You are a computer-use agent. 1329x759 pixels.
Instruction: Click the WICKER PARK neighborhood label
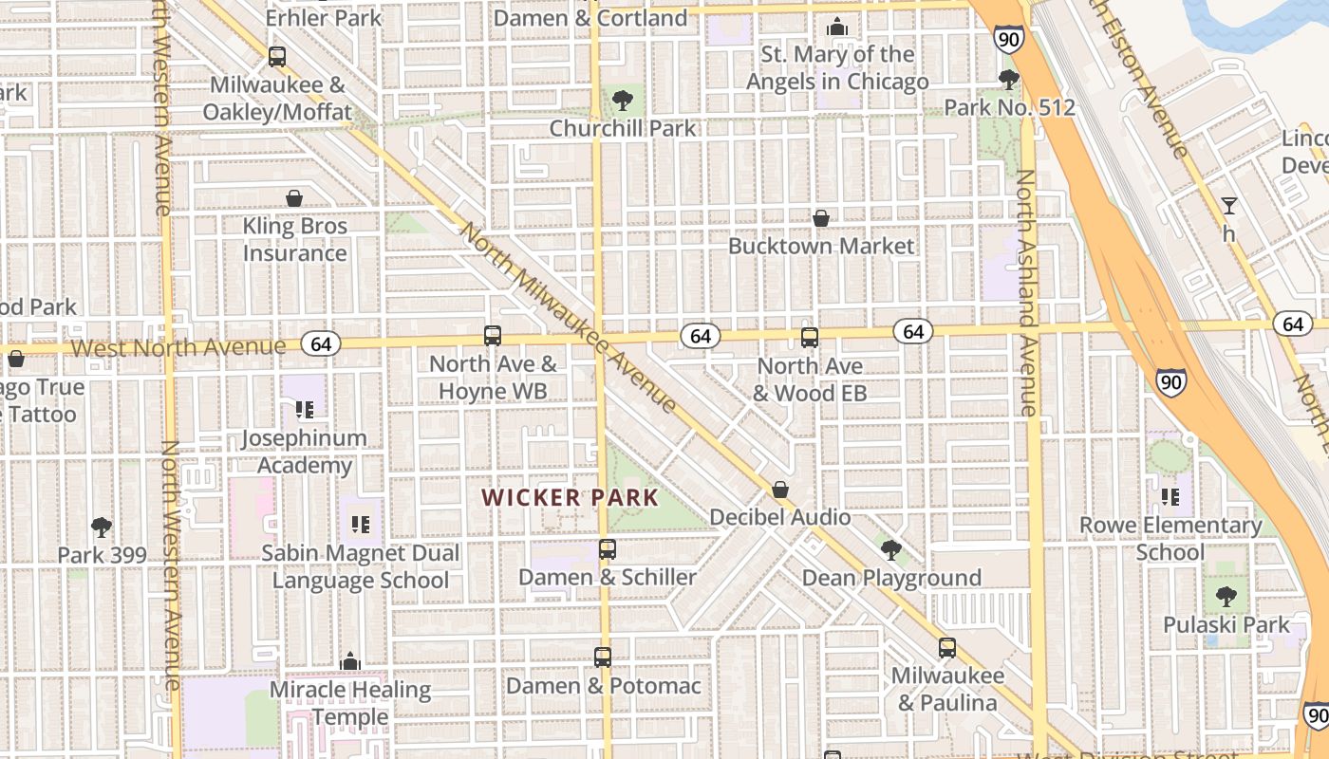click(570, 497)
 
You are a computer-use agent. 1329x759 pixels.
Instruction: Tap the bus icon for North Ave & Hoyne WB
click(492, 335)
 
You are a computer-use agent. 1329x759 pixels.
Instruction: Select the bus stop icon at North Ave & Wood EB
click(810, 337)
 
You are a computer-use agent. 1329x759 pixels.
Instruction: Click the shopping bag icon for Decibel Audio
click(780, 490)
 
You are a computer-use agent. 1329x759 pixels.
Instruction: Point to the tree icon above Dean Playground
click(890, 549)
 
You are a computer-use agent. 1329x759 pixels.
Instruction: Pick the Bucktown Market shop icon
click(821, 218)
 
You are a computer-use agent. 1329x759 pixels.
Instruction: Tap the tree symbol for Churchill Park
click(623, 100)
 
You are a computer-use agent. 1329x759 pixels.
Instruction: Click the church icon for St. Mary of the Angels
click(837, 27)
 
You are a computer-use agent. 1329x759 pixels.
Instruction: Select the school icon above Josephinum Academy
click(304, 410)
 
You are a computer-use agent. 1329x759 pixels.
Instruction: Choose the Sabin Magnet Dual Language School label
click(361, 566)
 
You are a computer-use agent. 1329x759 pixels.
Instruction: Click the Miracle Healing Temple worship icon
click(350, 660)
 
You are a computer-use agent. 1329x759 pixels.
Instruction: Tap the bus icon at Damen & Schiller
click(608, 548)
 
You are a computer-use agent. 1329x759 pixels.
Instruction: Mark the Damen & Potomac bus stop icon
click(603, 657)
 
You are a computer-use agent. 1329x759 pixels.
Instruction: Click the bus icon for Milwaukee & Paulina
click(946, 648)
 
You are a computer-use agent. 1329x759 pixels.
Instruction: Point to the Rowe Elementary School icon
click(1170, 496)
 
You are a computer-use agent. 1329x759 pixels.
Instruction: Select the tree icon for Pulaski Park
click(1226, 596)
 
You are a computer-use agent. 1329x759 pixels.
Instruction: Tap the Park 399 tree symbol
click(102, 527)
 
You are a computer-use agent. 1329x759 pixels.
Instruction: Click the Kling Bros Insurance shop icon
click(294, 198)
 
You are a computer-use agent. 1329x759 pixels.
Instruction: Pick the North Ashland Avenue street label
click(1027, 294)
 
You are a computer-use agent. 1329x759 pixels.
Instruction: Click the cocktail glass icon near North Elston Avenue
click(1229, 205)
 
